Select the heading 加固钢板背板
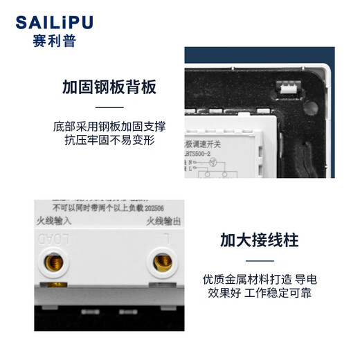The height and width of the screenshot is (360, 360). pos(109,88)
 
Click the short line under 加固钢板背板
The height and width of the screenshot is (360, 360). pos(109,108)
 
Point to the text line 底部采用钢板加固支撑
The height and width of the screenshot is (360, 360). pos(109,127)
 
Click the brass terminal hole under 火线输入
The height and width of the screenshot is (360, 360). pos(51,262)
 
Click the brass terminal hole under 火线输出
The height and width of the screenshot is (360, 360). pos(163,262)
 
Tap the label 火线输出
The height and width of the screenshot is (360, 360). pos(163,222)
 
